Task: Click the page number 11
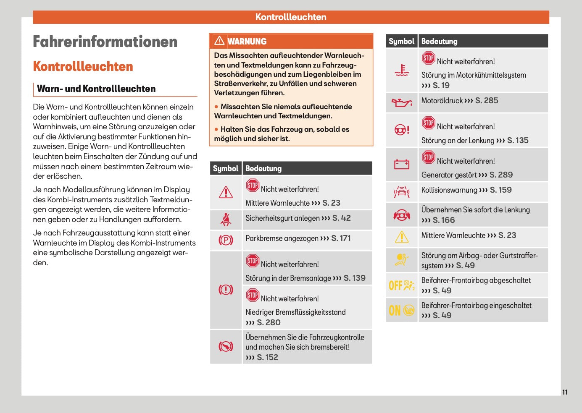(565, 392)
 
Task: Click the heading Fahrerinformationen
(105, 42)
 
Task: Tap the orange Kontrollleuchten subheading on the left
(83, 66)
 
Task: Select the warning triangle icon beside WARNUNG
(219, 41)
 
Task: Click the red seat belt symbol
(226, 219)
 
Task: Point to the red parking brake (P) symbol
(226, 240)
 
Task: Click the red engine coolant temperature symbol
(402, 70)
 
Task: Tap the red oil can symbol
(401, 102)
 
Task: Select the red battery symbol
(401, 164)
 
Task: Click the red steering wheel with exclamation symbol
(401, 130)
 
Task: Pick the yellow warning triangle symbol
(402, 237)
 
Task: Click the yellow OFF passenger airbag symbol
(401, 285)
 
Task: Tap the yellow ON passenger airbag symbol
(401, 310)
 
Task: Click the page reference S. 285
(487, 101)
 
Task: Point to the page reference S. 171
(341, 238)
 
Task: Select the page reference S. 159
(500, 190)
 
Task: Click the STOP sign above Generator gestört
(428, 157)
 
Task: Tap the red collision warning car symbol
(401, 192)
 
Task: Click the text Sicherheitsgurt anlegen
(282, 218)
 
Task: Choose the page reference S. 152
(267, 358)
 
